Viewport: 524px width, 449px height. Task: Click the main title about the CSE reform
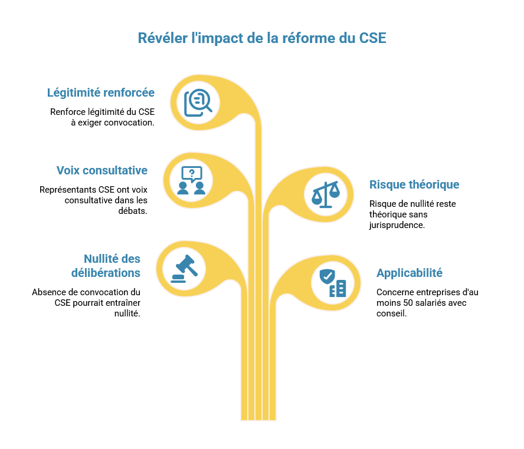262,38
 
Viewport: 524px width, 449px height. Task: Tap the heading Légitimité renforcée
100,93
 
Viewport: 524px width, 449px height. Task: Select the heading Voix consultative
102,170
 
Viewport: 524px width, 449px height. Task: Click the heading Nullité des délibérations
106,266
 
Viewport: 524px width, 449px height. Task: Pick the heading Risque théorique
414,184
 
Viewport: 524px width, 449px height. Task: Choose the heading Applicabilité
410,273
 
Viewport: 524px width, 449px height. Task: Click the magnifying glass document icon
198,103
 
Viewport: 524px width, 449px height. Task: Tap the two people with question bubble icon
192,180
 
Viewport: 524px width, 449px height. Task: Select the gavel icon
185,269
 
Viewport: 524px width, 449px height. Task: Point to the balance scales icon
326,194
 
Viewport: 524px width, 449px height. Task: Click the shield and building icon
332,283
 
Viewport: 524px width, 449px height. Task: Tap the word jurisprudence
397,225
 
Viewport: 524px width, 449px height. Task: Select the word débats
133,211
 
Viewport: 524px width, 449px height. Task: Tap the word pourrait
87,303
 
